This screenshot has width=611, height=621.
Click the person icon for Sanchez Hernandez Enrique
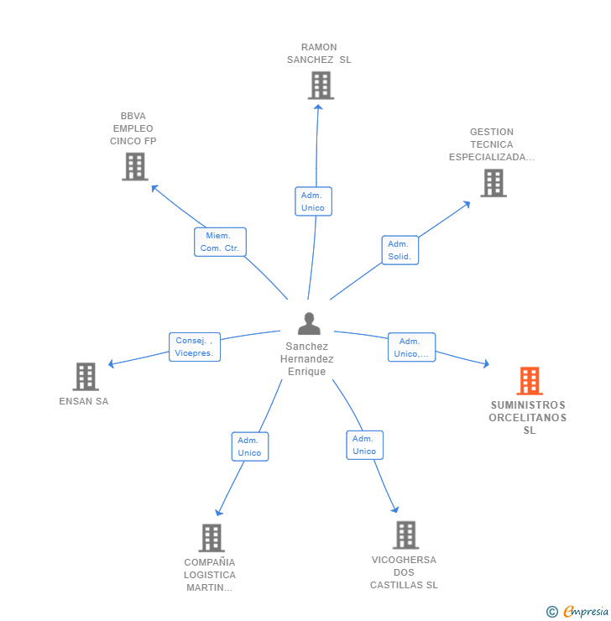click(309, 324)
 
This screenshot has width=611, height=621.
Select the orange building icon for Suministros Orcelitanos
click(529, 381)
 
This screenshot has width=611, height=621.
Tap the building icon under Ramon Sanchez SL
click(320, 86)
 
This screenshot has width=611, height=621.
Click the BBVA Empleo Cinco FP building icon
click(134, 166)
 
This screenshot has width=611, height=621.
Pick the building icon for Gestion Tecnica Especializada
click(493, 183)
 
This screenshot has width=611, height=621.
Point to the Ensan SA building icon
click(86, 377)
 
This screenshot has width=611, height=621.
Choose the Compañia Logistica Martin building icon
click(211, 538)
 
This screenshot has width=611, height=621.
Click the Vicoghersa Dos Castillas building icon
click(405, 535)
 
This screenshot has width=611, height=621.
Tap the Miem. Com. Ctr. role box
click(220, 242)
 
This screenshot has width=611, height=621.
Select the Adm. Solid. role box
click(399, 250)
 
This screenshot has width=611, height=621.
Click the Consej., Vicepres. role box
click(194, 347)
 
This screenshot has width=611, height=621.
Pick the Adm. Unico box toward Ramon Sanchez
click(313, 201)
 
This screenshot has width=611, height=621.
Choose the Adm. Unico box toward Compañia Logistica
click(249, 446)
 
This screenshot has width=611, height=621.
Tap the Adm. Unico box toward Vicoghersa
click(364, 445)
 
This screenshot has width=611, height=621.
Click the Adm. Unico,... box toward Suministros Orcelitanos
click(411, 347)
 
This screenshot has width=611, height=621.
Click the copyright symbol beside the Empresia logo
click(552, 612)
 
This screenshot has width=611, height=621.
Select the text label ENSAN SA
click(84, 401)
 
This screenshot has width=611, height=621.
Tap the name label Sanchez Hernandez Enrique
click(307, 359)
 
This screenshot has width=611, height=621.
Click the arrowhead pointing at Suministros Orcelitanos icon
click(485, 363)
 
